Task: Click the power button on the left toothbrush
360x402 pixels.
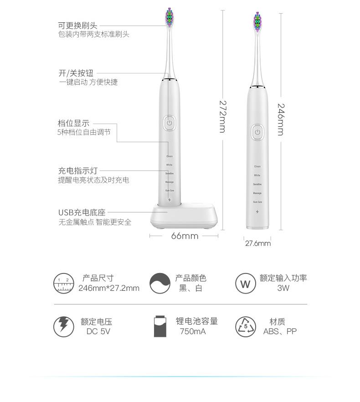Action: [x=169, y=123]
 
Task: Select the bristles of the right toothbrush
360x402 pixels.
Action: [x=258, y=23]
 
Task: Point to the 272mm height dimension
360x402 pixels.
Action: [x=222, y=117]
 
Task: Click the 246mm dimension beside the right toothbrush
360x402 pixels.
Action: [x=280, y=119]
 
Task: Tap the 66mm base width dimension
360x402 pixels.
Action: [x=185, y=236]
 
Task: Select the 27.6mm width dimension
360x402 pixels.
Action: [x=258, y=243]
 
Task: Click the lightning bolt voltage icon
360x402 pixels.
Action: [x=63, y=326]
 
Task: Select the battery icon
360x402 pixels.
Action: [x=160, y=326]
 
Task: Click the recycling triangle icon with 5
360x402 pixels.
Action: [x=246, y=326]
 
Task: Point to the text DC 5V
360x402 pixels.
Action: [x=98, y=331]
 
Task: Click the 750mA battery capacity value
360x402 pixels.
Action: [x=193, y=331]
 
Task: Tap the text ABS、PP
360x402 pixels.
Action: [x=280, y=331]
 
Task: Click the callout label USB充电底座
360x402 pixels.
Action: [x=82, y=212]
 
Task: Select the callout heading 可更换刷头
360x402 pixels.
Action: [x=77, y=26]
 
